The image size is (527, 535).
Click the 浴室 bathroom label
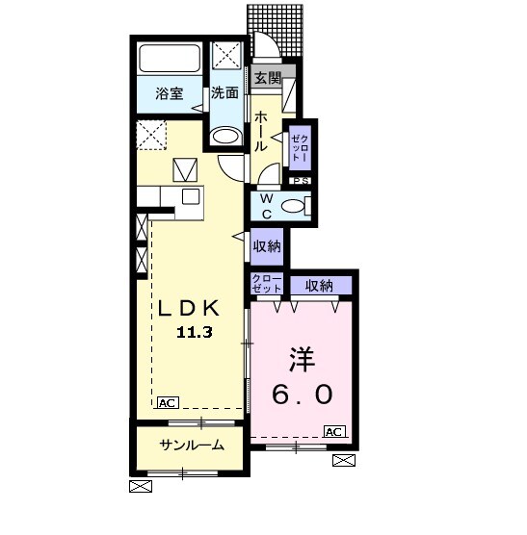pyautogui.click(x=170, y=93)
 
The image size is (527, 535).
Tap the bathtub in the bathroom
pyautogui.click(x=170, y=58)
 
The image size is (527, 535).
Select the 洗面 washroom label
pyautogui.click(x=224, y=92)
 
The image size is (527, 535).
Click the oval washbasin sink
pyautogui.click(x=225, y=137)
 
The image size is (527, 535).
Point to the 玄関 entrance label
pyautogui.click(x=268, y=79)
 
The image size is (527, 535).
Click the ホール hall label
pyautogui.click(x=261, y=132)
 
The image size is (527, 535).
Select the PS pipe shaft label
pyautogui.click(x=300, y=181)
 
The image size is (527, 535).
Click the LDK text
pyautogui.click(x=188, y=308)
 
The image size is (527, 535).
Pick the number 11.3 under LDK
pyautogui.click(x=195, y=332)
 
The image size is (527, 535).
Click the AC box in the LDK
pyautogui.click(x=168, y=402)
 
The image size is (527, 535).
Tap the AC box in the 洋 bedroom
pyautogui.click(x=334, y=432)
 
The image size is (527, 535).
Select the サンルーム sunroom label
pyautogui.click(x=192, y=445)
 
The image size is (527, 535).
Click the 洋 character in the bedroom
pyautogui.click(x=302, y=360)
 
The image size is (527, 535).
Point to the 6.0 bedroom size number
pyautogui.click(x=303, y=395)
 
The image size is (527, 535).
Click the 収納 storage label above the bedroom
pyautogui.click(x=319, y=286)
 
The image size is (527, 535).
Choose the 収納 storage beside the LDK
pyautogui.click(x=267, y=246)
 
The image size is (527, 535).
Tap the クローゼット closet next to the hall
pyautogui.click(x=301, y=148)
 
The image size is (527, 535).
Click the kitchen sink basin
pyautogui.click(x=191, y=196)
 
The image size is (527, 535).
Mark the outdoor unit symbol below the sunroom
pyautogui.click(x=141, y=486)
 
